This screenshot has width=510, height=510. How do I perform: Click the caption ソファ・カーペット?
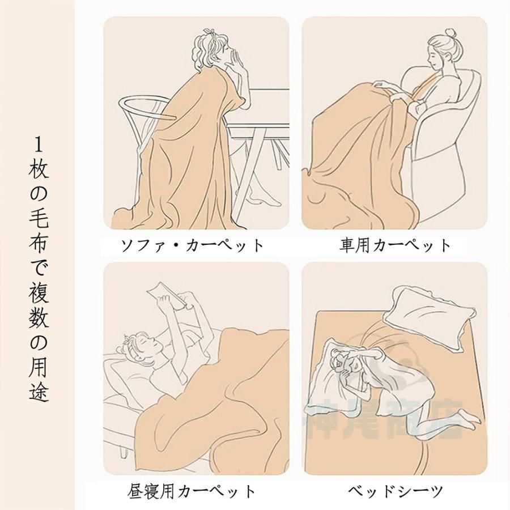point(192,245)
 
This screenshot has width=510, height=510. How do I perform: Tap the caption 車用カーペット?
point(395,245)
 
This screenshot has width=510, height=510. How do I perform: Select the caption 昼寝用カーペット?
point(192,491)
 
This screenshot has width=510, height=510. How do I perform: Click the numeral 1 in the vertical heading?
point(39,144)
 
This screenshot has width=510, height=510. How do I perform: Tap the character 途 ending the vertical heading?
point(39,391)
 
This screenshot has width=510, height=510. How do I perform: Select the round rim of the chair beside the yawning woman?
point(147,107)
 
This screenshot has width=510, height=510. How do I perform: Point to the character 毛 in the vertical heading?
point(39,218)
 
